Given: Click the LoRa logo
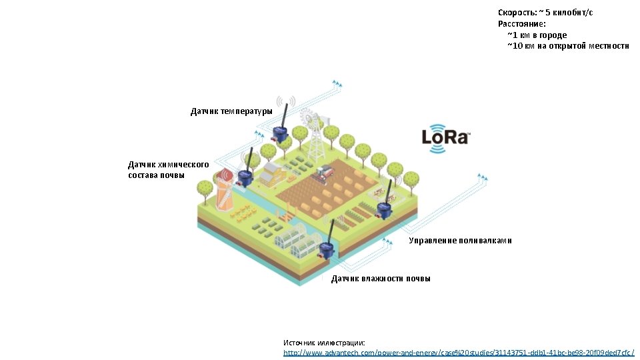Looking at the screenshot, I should (x=446, y=138).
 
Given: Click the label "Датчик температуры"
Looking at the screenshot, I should (x=231, y=111).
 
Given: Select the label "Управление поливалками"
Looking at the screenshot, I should (x=460, y=240).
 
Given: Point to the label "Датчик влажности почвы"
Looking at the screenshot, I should (x=381, y=278).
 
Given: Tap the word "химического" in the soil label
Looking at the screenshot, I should (x=183, y=164).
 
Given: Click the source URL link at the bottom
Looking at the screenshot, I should (x=459, y=352).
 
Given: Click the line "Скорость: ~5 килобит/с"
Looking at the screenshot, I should (x=545, y=13).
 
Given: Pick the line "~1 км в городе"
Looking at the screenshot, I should (x=537, y=35).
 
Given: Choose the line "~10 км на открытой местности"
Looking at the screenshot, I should (x=567, y=45).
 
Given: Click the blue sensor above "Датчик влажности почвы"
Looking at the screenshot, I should (x=326, y=251).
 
